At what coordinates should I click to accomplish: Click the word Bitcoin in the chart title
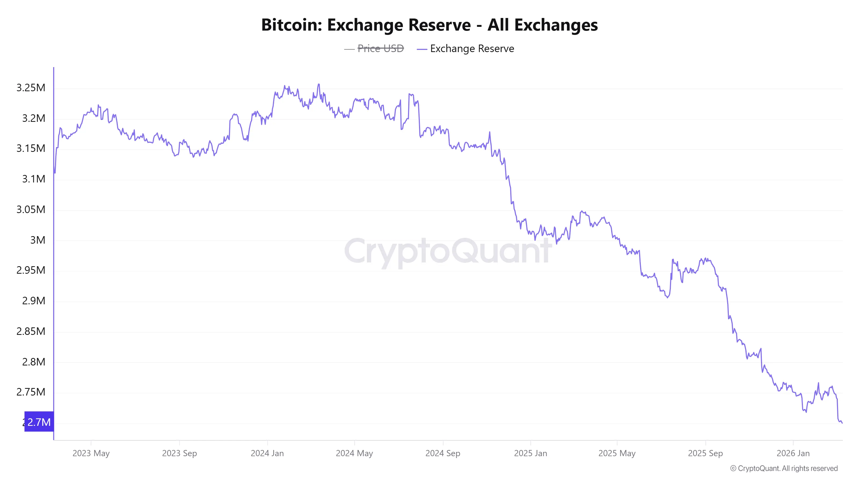pyautogui.click(x=291, y=25)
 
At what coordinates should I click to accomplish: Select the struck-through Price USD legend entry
pyautogui.click(x=380, y=49)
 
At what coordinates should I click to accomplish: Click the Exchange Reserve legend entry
pyautogui.click(x=472, y=49)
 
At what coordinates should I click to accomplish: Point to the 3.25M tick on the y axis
pyautogui.click(x=31, y=88)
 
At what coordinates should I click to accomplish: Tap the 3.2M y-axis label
pyautogui.click(x=33, y=118)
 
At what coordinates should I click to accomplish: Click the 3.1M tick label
pyautogui.click(x=33, y=179)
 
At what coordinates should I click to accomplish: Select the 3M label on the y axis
pyautogui.click(x=37, y=240)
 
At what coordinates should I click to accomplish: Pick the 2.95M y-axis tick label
pyautogui.click(x=31, y=270)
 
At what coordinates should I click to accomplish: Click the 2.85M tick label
pyautogui.click(x=31, y=331)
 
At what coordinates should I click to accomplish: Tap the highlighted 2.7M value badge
pyautogui.click(x=39, y=422)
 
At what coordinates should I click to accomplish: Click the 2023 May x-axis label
pyautogui.click(x=91, y=453)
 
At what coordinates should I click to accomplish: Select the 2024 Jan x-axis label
pyautogui.click(x=267, y=453)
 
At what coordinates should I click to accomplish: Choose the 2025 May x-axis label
pyautogui.click(x=617, y=453)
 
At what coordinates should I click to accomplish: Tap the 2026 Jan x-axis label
pyautogui.click(x=793, y=453)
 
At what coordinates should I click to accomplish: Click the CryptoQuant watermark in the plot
pyautogui.click(x=447, y=251)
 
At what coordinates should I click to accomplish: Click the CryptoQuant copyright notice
pyautogui.click(x=784, y=468)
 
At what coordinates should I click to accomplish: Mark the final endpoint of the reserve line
pyautogui.click(x=842, y=423)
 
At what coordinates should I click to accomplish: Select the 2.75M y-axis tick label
pyautogui.click(x=31, y=392)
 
